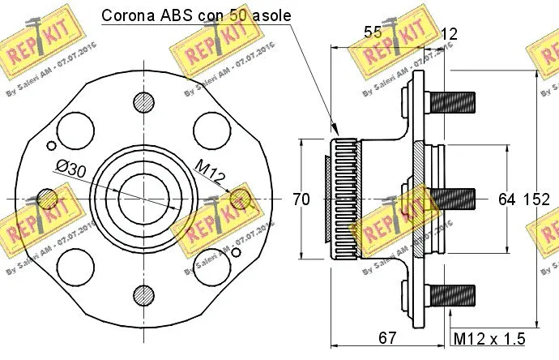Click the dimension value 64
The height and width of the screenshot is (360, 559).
click(x=507, y=199)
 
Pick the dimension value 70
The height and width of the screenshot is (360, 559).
click(x=301, y=199)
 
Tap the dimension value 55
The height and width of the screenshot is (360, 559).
click(x=372, y=33)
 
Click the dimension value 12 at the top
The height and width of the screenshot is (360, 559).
click(x=448, y=33)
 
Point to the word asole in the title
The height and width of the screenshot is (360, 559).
click(x=267, y=15)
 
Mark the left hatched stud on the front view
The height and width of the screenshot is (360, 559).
click(x=48, y=199)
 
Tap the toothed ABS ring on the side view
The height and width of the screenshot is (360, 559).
click(x=343, y=199)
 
